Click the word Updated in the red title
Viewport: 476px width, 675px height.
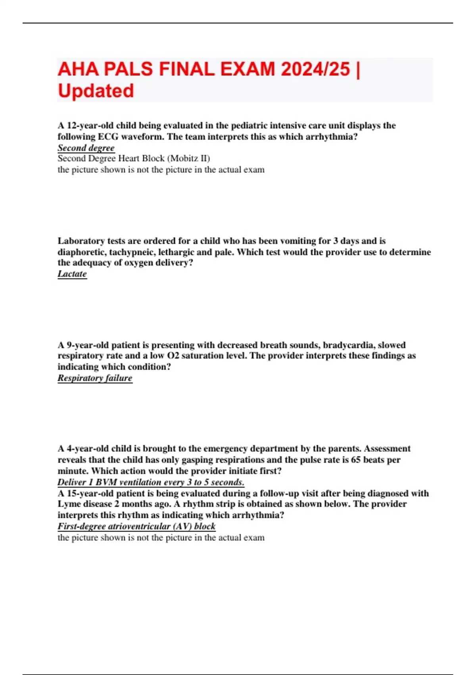(96, 91)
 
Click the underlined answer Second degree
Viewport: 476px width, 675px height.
(86, 148)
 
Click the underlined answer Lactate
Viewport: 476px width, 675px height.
(72, 274)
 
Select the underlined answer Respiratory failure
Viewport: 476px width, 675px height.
(95, 378)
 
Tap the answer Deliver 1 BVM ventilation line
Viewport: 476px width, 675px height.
(151, 482)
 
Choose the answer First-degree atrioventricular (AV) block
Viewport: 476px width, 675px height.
(136, 526)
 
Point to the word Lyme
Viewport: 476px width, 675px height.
(69, 504)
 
